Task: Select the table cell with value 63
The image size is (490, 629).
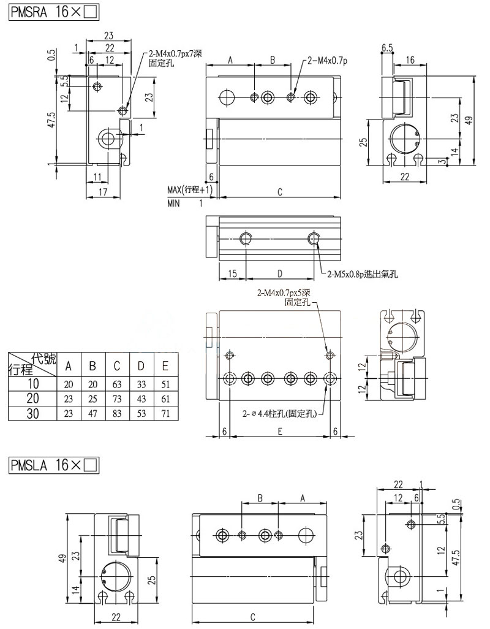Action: (117, 384)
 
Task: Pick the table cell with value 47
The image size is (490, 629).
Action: (92, 414)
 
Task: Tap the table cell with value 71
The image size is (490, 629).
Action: (165, 414)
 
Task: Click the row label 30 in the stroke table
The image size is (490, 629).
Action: (32, 414)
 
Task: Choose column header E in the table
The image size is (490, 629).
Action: (165, 366)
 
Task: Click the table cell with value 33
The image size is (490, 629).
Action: (141, 384)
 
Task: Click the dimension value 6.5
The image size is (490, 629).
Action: (387, 47)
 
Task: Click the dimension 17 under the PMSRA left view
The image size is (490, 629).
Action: (105, 192)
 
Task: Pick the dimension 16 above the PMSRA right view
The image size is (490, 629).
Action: (410, 59)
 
